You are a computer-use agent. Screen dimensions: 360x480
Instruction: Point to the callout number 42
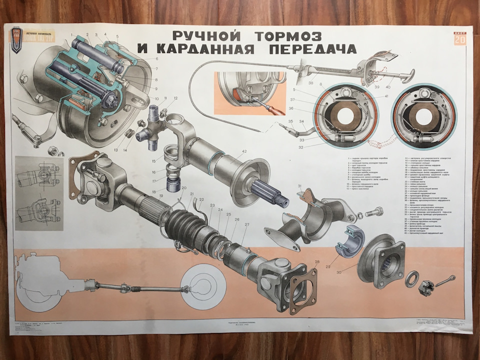pyautogui.click(x=244, y=151)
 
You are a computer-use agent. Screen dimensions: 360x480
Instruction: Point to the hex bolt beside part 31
pyautogui.click(x=372, y=213)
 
